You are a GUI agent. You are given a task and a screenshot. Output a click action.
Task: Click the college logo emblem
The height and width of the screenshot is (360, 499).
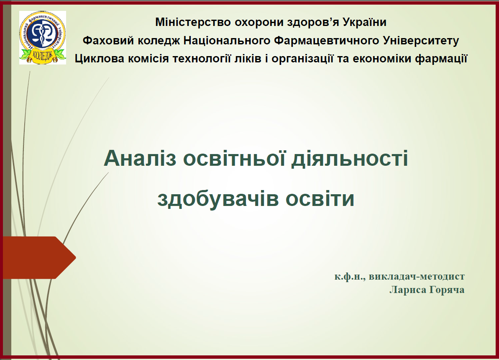(x=43, y=38)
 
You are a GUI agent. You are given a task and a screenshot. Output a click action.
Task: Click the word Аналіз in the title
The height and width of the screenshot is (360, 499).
(x=140, y=158)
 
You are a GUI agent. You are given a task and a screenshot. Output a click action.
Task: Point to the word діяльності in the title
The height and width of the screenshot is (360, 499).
(x=350, y=158)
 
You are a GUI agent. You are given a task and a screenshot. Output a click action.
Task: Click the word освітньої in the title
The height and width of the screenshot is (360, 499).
(x=234, y=158)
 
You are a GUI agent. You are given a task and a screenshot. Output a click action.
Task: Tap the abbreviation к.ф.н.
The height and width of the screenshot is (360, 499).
(x=350, y=276)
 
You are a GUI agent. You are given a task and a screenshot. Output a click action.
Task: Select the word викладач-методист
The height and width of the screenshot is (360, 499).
(x=417, y=276)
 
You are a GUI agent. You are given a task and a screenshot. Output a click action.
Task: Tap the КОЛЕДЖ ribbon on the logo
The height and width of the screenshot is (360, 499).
(x=42, y=56)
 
